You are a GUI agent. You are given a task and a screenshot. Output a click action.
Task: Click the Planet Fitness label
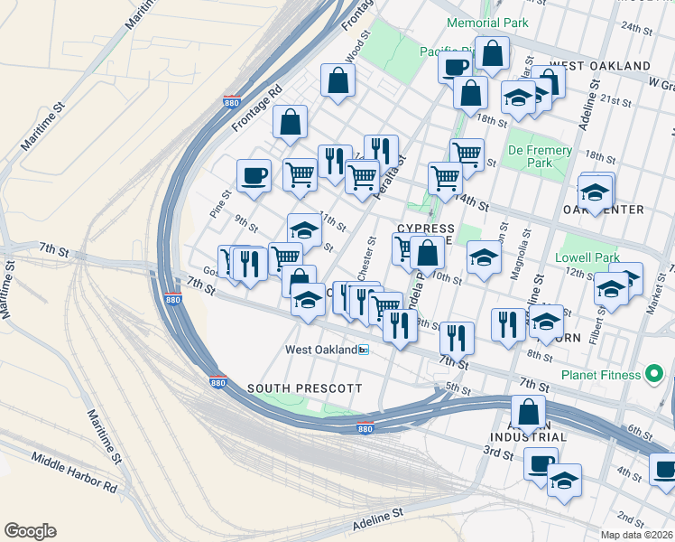pos(604,376)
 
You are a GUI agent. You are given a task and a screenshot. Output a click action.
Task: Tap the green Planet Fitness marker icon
pos(655,374)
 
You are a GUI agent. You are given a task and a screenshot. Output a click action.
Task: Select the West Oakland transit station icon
pos(364,350)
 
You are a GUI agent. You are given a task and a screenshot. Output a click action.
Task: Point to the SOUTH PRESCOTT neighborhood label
pos(305,388)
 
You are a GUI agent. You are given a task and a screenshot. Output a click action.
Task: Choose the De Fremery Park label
pos(541,156)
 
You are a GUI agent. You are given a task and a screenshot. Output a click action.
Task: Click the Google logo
pos(30,531)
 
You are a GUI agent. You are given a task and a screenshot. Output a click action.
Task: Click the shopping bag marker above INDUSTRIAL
pos(528,412)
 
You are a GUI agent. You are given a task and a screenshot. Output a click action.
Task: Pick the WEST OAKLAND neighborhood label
pos(599,67)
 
